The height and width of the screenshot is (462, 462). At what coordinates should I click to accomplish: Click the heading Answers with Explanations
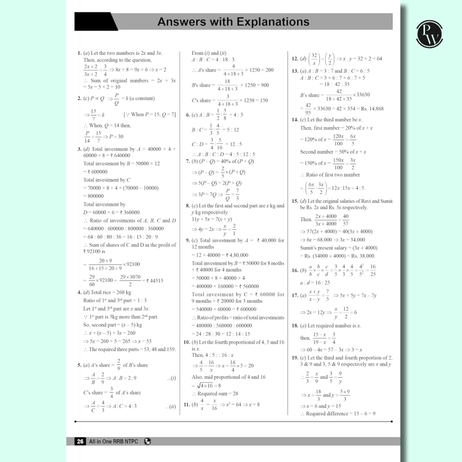234,23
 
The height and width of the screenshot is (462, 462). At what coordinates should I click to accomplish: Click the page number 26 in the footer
80,442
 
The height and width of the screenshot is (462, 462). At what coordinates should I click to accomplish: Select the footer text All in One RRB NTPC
115,442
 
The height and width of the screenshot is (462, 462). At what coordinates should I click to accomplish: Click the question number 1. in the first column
79,53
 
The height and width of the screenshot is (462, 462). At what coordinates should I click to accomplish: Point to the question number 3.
79,149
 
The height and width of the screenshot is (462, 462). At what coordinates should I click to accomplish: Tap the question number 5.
79,365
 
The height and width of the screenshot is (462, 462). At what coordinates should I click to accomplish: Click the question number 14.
295,120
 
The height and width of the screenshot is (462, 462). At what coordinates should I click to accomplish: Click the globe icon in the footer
148,442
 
